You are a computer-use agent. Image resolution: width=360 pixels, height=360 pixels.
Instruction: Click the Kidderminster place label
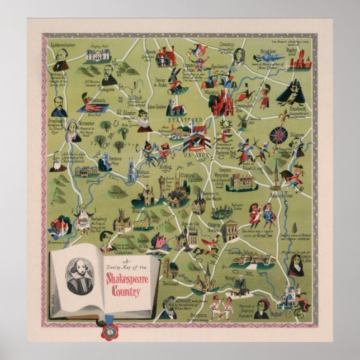pos(61,42)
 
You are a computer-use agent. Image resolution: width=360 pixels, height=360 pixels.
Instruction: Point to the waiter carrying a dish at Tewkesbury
pos(84,214)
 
